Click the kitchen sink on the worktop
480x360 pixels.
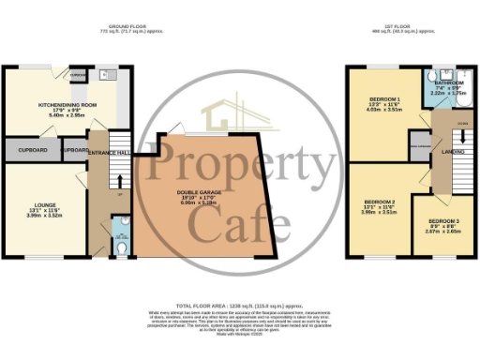tap(104, 74)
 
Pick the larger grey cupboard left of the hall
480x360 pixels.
tap(32, 150)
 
